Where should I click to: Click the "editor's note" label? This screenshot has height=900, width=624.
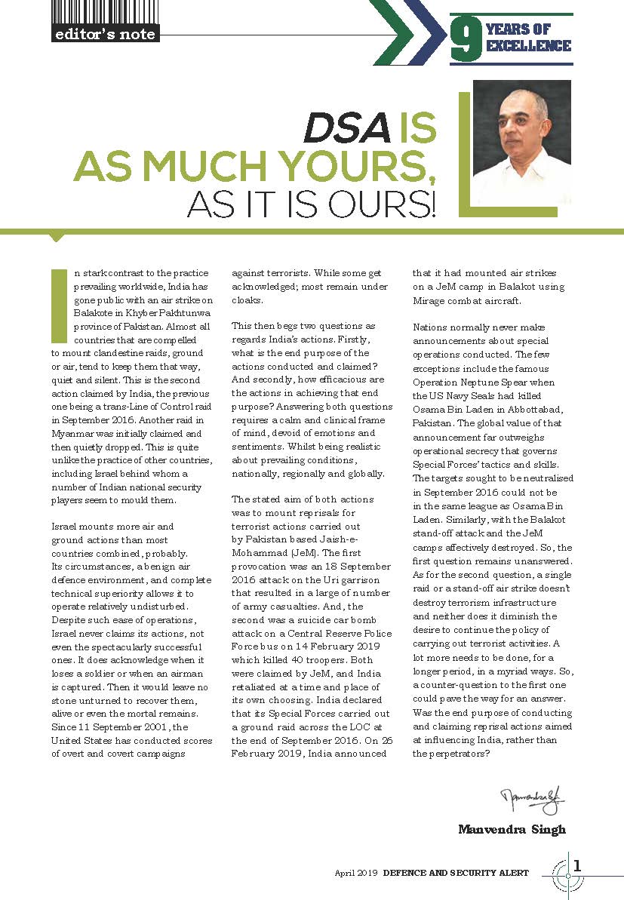click(x=104, y=34)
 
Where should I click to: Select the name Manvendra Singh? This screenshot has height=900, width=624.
click(x=512, y=829)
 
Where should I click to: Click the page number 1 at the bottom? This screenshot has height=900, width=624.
click(x=578, y=866)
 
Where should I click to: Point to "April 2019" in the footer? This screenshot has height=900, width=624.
click(x=356, y=873)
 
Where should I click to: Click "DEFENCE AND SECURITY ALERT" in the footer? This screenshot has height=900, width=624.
click(x=456, y=873)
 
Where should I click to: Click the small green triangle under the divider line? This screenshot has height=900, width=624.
click(x=56, y=238)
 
